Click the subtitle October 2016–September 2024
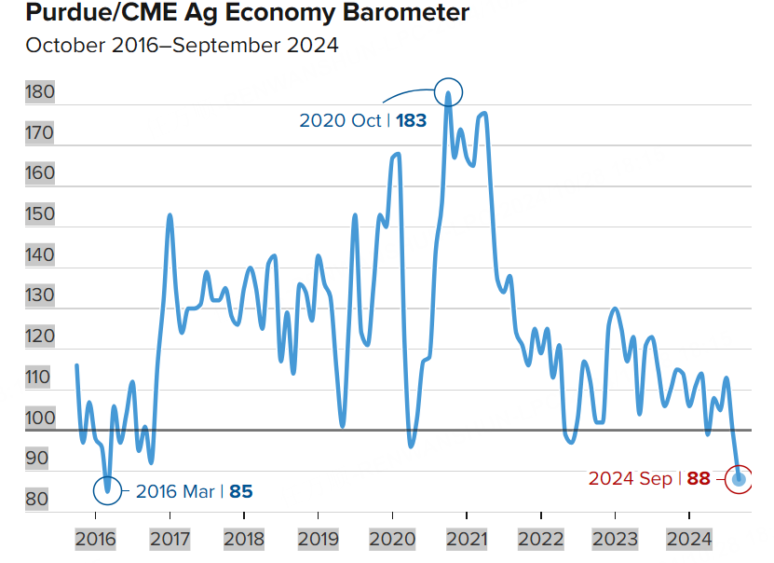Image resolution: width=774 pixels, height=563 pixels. coord(182,45)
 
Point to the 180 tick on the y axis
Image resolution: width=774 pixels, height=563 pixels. coord(40,92)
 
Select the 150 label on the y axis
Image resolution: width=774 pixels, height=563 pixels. coord(40,214)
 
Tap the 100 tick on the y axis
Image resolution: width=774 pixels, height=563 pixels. coord(40,418)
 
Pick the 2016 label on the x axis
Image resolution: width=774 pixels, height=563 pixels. coord(95,539)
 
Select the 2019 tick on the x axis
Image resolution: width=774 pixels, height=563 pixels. coord(318,539)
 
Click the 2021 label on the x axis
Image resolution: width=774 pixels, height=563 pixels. coord(466,539)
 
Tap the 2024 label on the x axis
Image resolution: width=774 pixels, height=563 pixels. coord(688,539)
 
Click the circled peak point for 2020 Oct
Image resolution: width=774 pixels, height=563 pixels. coord(448,91)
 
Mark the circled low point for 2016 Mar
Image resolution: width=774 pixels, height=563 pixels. coord(108,487)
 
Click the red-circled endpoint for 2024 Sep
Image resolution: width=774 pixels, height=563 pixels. coord(740,479)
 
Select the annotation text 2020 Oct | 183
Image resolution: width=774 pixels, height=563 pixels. coord(362,120)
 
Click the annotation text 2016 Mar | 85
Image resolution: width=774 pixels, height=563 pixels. coord(194,491)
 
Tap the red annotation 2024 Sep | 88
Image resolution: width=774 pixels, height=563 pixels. coord(649,479)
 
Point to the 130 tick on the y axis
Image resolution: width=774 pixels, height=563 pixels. coord(40,295)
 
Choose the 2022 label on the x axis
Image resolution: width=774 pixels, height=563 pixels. coord(540,539)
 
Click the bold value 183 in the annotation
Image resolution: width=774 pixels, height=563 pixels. coord(411,120)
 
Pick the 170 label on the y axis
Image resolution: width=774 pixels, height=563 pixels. coord(40,133)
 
